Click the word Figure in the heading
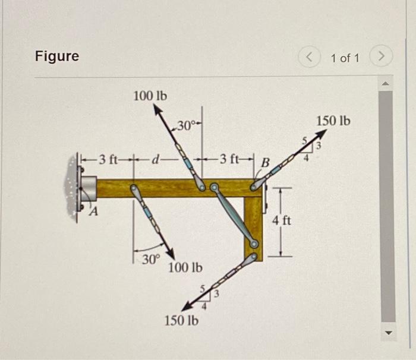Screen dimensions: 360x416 pyautogui.click(x=56, y=56)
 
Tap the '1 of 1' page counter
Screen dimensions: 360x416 pyautogui.click(x=345, y=58)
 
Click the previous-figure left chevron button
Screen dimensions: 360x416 pyautogui.click(x=310, y=58)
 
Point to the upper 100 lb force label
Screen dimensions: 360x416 pyautogui.click(x=150, y=95)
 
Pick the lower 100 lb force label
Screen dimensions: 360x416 pyautogui.click(x=185, y=267)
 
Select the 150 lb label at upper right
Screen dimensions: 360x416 pyautogui.click(x=333, y=121)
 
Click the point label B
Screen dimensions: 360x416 pyautogui.click(x=265, y=162)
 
